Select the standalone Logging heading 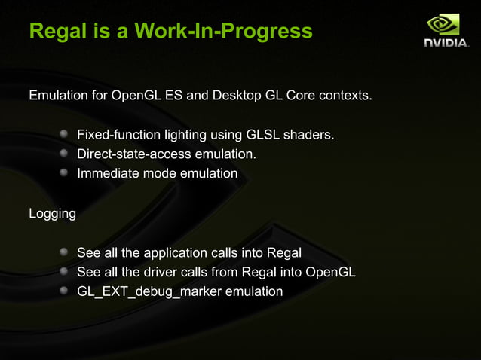pyautogui.click(x=52, y=214)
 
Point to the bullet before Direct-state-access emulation pyautogui.click(x=65, y=154)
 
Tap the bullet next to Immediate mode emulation pyautogui.click(x=65, y=173)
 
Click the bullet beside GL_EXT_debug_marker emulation pyautogui.click(x=65, y=291)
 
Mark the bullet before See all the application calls pyautogui.click(x=65, y=252)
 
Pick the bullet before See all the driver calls pyautogui.click(x=65, y=272)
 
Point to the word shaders pyautogui.click(x=311, y=136)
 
